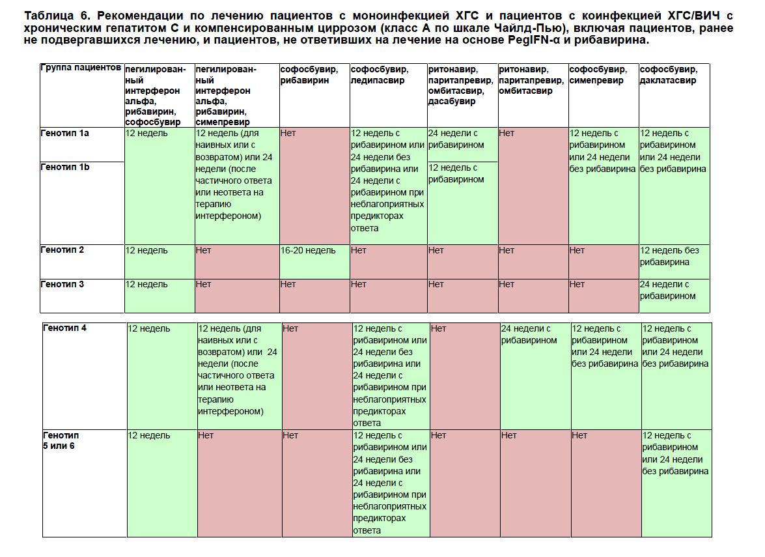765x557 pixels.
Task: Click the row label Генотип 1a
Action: pyautogui.click(x=65, y=133)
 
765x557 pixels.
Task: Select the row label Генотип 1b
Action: pyautogui.click(x=65, y=167)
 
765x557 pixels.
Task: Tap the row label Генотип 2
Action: pyautogui.click(x=63, y=250)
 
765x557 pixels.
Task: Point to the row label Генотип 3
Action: pyautogui.click(x=63, y=284)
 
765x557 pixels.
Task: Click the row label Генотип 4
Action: pyautogui.click(x=65, y=328)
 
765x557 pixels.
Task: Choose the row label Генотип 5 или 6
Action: pyautogui.click(x=61, y=441)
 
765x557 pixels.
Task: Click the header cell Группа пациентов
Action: pyautogui.click(x=81, y=68)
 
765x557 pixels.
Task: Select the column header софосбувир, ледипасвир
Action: pyautogui.click(x=380, y=74)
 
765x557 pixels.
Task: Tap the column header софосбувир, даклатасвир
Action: pyautogui.click(x=668, y=74)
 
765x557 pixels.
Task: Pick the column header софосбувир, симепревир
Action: pyautogui.click(x=598, y=74)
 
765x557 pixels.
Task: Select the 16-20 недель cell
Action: pyautogui.click(x=308, y=250)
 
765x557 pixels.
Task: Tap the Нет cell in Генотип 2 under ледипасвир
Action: pyautogui.click(x=359, y=250)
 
